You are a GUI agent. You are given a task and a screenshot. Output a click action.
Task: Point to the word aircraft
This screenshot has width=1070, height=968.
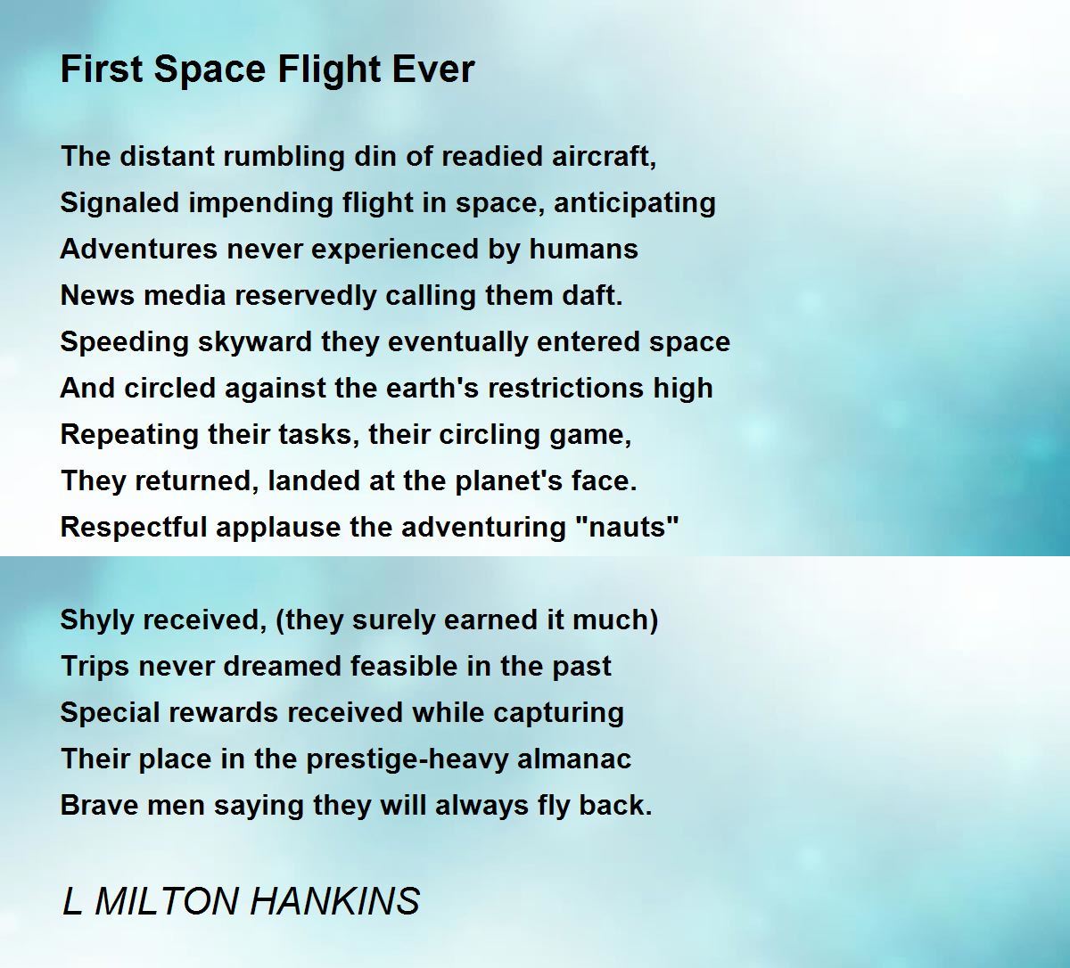point(604,156)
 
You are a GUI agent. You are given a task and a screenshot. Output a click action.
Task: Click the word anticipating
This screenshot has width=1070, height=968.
point(635,204)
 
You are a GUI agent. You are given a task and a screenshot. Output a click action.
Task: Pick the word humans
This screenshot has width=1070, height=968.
point(583,249)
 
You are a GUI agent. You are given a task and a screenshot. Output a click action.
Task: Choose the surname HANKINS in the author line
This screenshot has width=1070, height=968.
point(334,902)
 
